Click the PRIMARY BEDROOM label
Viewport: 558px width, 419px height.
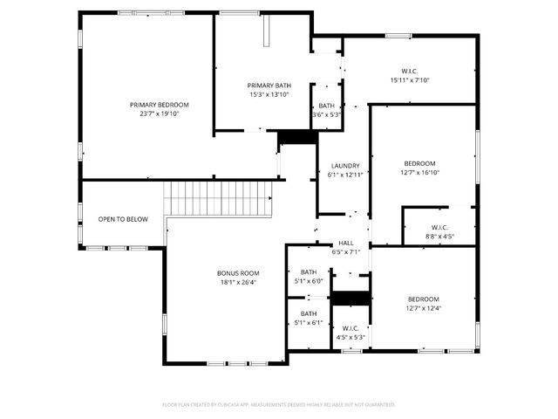[x=159, y=105]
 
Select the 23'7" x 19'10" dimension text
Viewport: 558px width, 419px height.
[x=159, y=113]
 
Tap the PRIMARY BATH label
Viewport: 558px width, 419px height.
[x=269, y=85]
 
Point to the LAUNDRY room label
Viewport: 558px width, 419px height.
[x=345, y=166]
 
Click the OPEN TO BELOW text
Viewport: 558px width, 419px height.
[x=123, y=219]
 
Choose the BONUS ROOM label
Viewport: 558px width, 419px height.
[x=238, y=273]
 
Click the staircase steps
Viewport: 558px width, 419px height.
[x=219, y=198]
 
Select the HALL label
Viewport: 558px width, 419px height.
[x=346, y=244]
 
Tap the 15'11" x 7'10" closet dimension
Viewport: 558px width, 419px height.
[x=410, y=80]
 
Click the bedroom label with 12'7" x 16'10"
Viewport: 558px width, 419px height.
[x=419, y=163]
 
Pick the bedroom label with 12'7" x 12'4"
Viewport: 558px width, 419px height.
[x=424, y=299]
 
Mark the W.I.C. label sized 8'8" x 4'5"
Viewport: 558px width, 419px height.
[x=439, y=227]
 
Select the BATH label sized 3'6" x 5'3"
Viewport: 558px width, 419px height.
[x=326, y=106]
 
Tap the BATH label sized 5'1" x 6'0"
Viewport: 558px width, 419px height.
[x=309, y=271]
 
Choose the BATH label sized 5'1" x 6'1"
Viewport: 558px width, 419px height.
[x=309, y=313]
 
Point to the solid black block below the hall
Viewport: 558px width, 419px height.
[x=350, y=298]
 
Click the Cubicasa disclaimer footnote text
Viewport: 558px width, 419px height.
[x=279, y=404]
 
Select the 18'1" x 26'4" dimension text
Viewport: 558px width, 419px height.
[x=238, y=282]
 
